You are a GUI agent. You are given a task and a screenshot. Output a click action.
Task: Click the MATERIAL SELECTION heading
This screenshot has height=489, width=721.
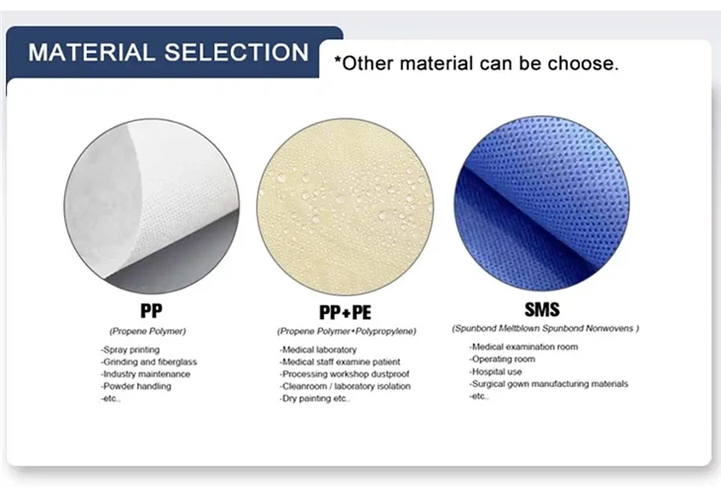[168, 52]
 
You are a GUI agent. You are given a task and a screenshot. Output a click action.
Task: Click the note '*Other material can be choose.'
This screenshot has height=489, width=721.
[476, 64]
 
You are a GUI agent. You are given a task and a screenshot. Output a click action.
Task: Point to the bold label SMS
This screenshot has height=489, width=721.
[542, 309]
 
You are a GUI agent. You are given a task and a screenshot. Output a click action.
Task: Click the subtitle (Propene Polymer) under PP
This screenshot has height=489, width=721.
[147, 330]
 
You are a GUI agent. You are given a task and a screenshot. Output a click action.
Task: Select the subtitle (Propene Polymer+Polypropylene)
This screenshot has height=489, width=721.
[346, 330]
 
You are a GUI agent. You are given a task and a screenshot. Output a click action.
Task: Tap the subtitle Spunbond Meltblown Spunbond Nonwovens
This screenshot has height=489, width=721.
[545, 328]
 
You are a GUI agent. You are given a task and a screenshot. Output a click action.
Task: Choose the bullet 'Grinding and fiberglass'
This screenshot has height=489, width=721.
[148, 362]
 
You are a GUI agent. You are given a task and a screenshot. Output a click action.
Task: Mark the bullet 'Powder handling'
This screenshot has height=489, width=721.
[135, 385]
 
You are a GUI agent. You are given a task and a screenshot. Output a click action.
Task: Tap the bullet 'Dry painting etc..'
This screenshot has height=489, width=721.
[314, 398]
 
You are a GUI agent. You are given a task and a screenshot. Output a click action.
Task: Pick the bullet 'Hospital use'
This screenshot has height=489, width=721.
[496, 371]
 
